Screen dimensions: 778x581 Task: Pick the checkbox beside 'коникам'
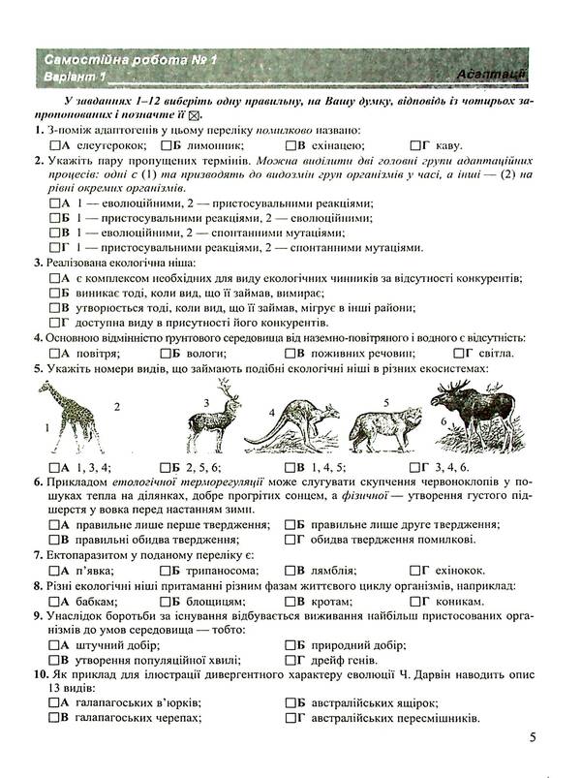tap(416, 602)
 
